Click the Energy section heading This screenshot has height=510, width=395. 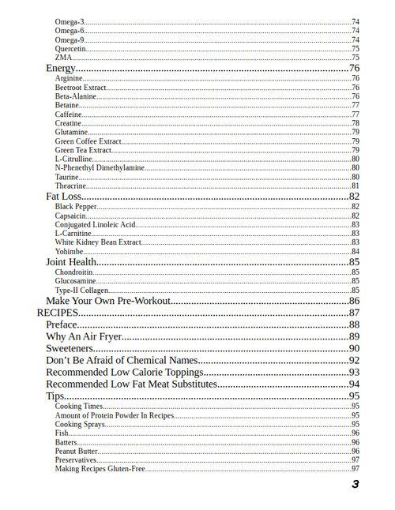pos(61,68)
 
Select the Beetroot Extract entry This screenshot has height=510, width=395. pos(80,88)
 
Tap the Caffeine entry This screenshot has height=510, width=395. pos(69,114)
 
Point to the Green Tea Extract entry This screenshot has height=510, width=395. pos(83,150)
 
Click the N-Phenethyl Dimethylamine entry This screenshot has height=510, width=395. pos(100,168)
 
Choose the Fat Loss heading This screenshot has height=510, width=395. pos(64,196)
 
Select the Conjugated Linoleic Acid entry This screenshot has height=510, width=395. pos(96,225)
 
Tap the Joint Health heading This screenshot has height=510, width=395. pos(71,262)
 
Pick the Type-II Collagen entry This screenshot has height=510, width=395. pos(81,291)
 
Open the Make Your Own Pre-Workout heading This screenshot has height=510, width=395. pos(108,301)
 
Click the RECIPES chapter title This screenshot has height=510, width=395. pos(58,313)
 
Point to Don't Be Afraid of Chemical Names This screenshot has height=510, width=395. pos(121,361)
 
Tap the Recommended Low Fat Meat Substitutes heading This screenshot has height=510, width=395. pos(131,384)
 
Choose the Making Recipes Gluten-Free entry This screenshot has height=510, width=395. pos(100,469)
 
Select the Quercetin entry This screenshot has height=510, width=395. pos(70,49)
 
